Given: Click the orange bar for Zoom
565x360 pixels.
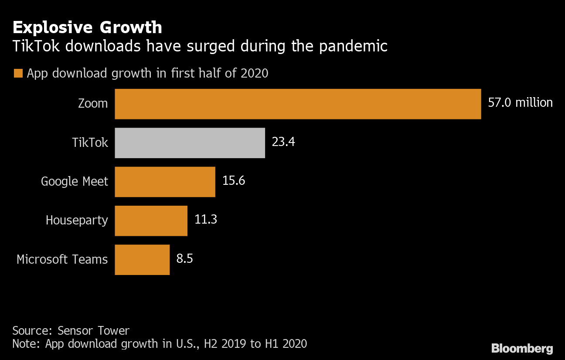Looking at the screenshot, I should [298, 104].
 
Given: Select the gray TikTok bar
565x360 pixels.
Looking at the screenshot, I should [190, 143].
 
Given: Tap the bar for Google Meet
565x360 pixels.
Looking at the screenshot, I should [165, 182].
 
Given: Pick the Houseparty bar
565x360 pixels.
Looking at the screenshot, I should [151, 221].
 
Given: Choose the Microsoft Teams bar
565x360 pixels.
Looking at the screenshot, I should [142, 260].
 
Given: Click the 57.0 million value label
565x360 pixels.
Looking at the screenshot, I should [520, 103].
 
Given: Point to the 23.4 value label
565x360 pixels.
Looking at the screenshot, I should [283, 142].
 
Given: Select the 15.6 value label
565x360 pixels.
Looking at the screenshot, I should [234, 181].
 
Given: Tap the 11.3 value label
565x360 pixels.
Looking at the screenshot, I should [206, 220].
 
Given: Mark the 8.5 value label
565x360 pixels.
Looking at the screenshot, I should [184, 259].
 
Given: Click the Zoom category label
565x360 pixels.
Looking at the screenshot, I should [93, 104].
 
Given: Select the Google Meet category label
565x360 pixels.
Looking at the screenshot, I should [74, 182].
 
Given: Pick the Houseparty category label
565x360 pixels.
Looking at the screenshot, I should [77, 221].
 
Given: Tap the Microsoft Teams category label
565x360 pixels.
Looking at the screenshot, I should [62, 260].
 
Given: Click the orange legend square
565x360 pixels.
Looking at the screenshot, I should [18, 73].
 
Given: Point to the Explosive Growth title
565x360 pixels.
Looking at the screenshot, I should [87, 27].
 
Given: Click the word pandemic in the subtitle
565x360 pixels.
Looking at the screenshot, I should [353, 46].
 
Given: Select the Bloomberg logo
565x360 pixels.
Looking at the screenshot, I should [522, 348].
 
